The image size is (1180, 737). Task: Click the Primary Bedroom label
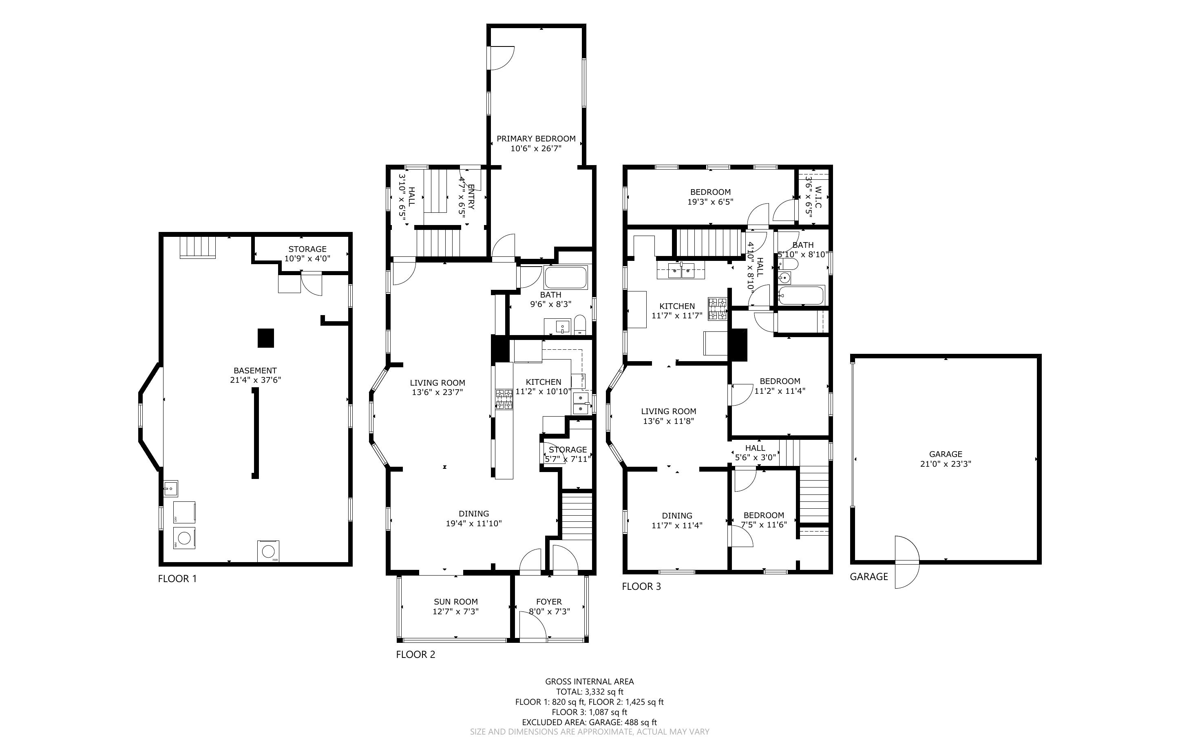536,139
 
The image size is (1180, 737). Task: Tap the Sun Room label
456,602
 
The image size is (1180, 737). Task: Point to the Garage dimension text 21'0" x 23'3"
946,464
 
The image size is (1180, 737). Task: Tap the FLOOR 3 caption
641,587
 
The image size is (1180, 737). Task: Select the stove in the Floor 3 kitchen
718,309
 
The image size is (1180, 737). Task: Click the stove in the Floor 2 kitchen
504,399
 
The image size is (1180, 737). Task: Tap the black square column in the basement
265,338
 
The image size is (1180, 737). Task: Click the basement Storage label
307,249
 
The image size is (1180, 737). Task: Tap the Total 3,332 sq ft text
590,692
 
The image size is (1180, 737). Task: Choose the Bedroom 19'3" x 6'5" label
711,197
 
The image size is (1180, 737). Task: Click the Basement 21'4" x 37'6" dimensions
255,380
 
